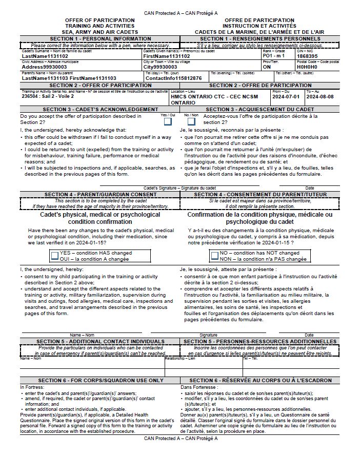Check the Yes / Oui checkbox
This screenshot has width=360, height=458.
pos(168,121)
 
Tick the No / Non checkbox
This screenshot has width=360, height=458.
pos(191,121)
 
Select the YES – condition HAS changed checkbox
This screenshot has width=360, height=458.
pos(55,256)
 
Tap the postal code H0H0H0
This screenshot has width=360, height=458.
pos(307,67)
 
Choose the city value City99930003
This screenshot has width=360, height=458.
pos(160,67)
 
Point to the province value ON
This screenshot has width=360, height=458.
pos(266,67)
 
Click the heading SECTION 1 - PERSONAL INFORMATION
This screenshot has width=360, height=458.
pos(100,38)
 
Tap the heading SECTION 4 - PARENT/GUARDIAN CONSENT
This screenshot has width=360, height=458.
pos(100,194)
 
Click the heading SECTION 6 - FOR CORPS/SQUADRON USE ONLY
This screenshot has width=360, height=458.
pos(100,380)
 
